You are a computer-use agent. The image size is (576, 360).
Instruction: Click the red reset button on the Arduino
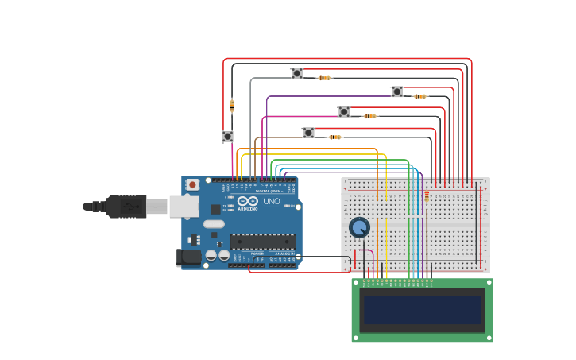pos(192,184)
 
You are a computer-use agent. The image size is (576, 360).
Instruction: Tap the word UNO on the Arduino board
pos(271,202)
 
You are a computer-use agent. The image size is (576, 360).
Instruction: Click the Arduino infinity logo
pos(248,202)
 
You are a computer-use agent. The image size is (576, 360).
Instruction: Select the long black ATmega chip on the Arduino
pos(263,242)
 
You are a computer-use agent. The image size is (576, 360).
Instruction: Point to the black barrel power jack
pos(188,257)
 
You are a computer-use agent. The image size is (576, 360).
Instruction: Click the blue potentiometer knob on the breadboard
pos(360,227)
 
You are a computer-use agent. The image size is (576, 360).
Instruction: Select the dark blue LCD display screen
pos(422,310)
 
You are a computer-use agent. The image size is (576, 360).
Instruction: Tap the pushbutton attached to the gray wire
pos(296,74)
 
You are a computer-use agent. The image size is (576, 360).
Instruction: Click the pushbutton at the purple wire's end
pos(396,92)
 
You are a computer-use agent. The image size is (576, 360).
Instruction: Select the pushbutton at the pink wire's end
pos(343,112)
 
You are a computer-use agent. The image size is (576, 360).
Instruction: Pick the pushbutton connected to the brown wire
pos(308,133)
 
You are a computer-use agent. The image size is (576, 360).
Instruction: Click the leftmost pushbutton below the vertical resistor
pos(227,137)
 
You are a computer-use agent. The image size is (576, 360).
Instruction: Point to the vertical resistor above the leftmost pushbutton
pos(232,105)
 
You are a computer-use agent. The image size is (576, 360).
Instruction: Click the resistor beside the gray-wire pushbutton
pos(324,78)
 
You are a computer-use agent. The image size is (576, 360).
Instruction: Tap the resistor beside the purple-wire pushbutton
pos(419,96)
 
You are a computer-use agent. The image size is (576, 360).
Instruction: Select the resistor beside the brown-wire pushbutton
pos(334,137)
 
